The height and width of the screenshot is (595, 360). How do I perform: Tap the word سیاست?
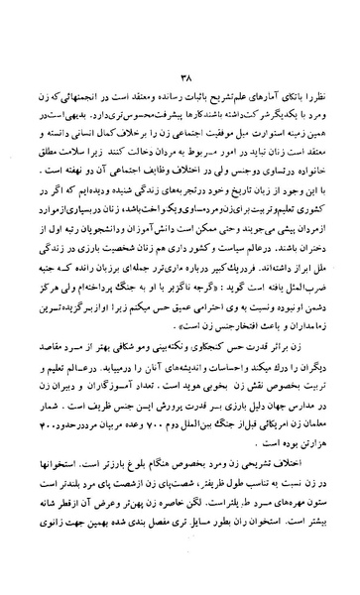pyautogui.click(x=230, y=252)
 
